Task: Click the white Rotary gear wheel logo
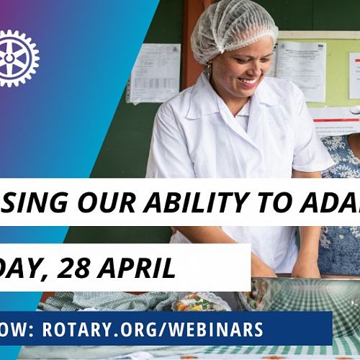click(16, 58)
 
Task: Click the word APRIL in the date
click(148, 268)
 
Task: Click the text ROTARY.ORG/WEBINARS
click(153, 329)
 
